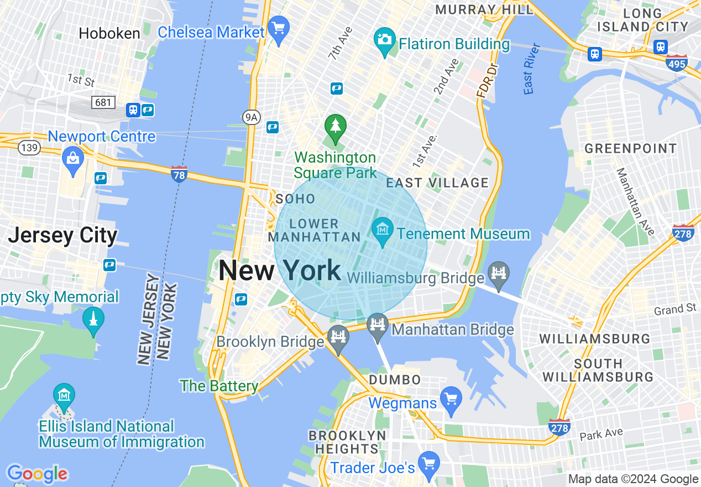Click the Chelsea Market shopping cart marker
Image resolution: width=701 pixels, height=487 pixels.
pos(278,28)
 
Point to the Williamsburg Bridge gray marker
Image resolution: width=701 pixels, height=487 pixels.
pos(499,274)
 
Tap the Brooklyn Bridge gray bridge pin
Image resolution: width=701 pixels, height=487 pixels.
pos(338,337)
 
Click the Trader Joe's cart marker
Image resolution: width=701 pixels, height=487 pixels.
pos(428,463)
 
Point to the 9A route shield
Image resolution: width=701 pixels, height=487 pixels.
pos(251,117)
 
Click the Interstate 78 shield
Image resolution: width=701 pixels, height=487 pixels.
pos(179,174)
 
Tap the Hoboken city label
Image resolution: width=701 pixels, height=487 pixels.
pos(109,33)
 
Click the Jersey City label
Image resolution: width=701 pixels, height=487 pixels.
pos(62,236)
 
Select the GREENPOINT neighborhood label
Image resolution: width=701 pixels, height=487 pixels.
pos(630,148)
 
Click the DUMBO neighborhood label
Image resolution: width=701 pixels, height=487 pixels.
pos(395,380)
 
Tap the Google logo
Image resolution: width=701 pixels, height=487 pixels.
pos(37,474)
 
